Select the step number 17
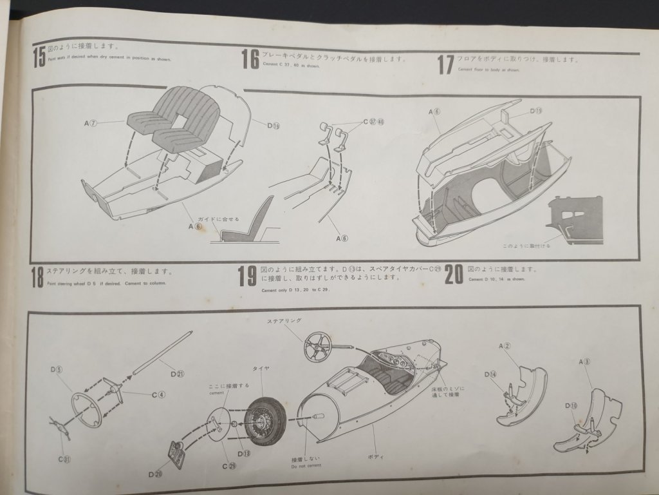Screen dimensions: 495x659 pos(445,64)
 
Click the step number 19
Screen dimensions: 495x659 pos(247,276)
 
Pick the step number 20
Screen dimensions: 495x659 pos(454,274)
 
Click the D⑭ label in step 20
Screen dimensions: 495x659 pos(490,374)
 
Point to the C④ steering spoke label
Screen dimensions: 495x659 pos(158,394)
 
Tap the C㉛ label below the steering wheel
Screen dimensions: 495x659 pos(65,459)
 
